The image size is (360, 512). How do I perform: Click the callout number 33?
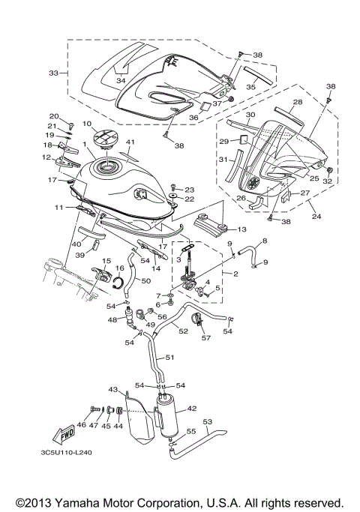click(53, 73)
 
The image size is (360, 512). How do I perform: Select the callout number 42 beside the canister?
click(192, 409)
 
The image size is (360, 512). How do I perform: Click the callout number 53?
click(208, 421)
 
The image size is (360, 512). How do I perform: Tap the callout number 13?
click(241, 229)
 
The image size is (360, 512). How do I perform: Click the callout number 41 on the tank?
click(130, 142)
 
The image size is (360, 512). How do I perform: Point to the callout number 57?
click(205, 337)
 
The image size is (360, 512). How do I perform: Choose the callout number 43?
click(113, 390)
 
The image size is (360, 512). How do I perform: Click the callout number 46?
click(81, 424)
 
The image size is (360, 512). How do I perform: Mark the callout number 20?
click(54, 116)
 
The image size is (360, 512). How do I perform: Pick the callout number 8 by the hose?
click(263, 241)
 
